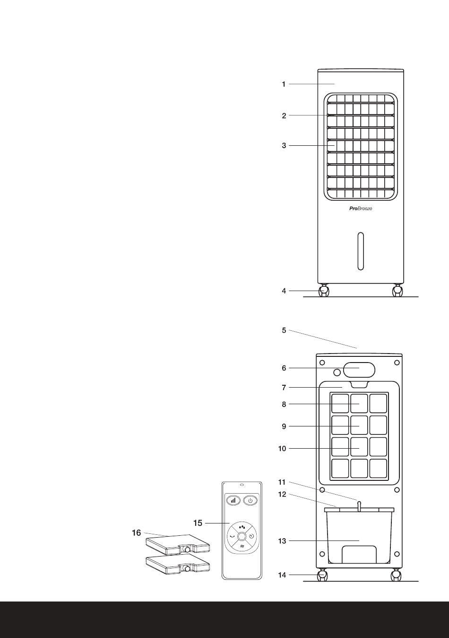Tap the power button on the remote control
(250, 500)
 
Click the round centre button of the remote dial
(242, 536)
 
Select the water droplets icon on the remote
(242, 526)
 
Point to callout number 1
(284, 84)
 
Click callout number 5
(284, 330)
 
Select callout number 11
(282, 482)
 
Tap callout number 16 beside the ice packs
(136, 533)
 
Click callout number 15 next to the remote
(198, 523)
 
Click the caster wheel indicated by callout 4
(324, 291)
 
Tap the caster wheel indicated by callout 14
(323, 576)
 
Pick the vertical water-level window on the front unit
(361, 251)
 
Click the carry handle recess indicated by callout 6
(359, 369)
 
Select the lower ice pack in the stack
(177, 564)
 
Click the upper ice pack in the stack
(177, 544)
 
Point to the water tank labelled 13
(359, 540)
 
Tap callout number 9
(284, 426)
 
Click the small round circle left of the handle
(337, 372)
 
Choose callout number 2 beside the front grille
(284, 115)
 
